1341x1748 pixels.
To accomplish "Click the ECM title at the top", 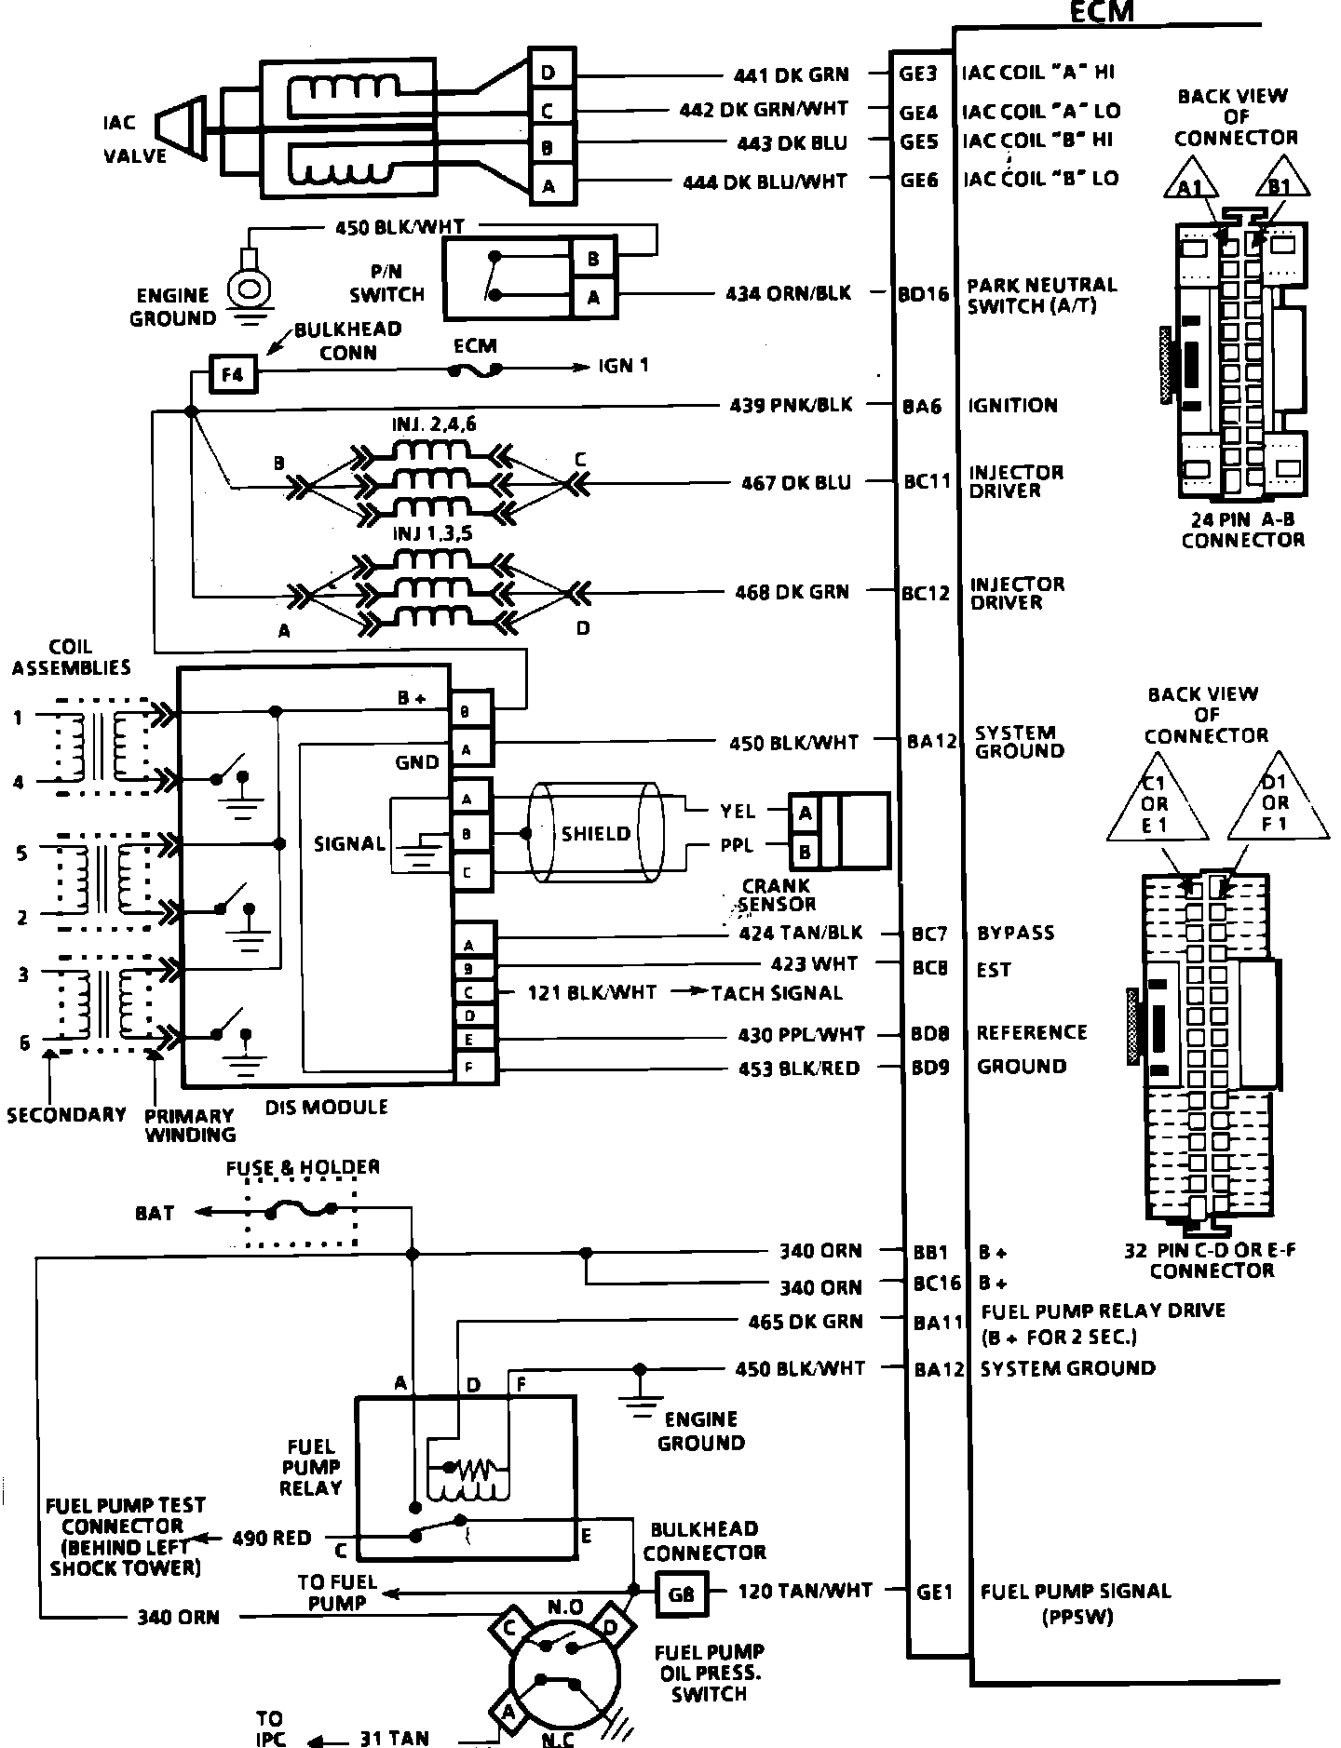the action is [1103, 11].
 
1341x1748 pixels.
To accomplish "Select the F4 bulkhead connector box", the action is [231, 374].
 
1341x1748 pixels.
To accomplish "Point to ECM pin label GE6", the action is [919, 181].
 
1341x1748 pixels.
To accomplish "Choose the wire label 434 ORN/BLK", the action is [789, 293].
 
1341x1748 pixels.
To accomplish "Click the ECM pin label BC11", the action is [927, 482].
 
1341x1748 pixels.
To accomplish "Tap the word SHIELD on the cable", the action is [596, 834].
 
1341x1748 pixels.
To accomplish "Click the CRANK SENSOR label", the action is [777, 894].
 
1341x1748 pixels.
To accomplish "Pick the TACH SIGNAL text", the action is [777, 993].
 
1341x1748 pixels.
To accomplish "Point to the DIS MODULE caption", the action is [327, 1107].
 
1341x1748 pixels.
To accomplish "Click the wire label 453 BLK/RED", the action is [799, 1069].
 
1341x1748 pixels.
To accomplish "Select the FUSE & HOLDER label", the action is [303, 1167].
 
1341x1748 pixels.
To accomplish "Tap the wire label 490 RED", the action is [272, 1539].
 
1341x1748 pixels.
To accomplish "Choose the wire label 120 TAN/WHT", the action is [806, 1592].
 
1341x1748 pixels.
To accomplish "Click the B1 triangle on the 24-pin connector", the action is [1281, 182].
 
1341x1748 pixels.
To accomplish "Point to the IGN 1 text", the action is [623, 366].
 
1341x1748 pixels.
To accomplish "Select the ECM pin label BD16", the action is [924, 294].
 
